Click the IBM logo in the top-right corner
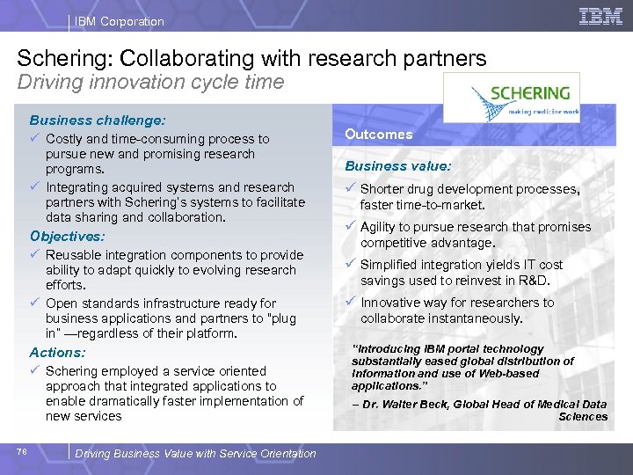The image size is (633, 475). tap(600, 16)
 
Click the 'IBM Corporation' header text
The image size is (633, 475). tap(119, 21)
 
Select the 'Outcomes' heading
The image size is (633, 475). tap(378, 135)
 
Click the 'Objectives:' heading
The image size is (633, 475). tap(67, 237)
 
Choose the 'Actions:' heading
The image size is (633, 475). tap(57, 352)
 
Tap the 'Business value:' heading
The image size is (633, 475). tap(397, 165)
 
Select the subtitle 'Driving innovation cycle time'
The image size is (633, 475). tap(150, 83)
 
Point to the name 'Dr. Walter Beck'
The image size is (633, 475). tap(400, 405)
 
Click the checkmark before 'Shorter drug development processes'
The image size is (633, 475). tap(350, 189)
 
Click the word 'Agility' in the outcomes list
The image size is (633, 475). tap(380, 227)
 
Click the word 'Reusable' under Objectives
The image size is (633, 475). tap(72, 255)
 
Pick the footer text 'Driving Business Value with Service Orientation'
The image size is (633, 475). tap(195, 454)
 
